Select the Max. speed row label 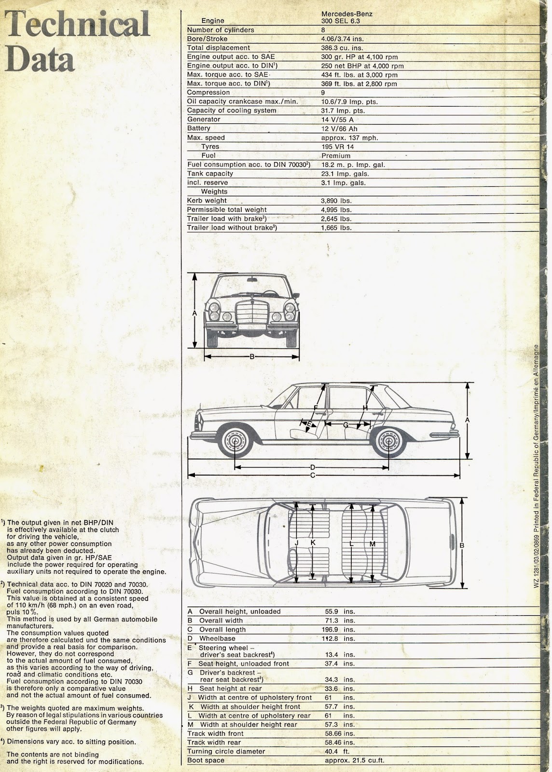point(206,138)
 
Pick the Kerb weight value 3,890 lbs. point(336,201)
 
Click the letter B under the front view point(252,357)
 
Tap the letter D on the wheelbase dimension point(312,467)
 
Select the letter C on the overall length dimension point(312,475)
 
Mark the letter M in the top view point(372,544)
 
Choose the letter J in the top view point(297,543)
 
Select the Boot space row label point(206,760)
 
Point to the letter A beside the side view point(467,420)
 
